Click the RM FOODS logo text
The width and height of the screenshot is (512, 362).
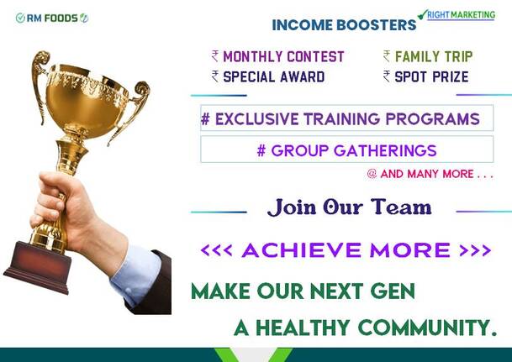(52, 18)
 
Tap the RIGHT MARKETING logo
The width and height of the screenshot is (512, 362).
(457, 15)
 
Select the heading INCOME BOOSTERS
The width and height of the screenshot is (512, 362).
(344, 25)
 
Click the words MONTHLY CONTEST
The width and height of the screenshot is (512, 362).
(283, 57)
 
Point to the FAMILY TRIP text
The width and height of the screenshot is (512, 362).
(434, 57)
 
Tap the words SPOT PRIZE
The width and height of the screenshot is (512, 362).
(431, 77)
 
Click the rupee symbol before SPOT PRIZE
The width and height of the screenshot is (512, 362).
(387, 76)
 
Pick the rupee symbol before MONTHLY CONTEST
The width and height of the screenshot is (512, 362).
(215, 56)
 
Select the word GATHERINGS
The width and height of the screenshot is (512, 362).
(385, 150)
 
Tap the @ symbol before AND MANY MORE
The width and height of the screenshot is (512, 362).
(372, 174)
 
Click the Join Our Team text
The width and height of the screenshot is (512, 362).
(350, 207)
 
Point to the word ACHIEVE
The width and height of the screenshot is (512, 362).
(302, 250)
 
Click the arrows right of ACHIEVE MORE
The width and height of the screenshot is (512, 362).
(475, 250)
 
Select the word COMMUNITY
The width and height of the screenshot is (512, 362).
(427, 328)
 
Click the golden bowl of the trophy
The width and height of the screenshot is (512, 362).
(87, 100)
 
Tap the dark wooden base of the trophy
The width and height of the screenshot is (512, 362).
(39, 266)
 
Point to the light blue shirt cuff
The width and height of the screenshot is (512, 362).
(136, 275)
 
